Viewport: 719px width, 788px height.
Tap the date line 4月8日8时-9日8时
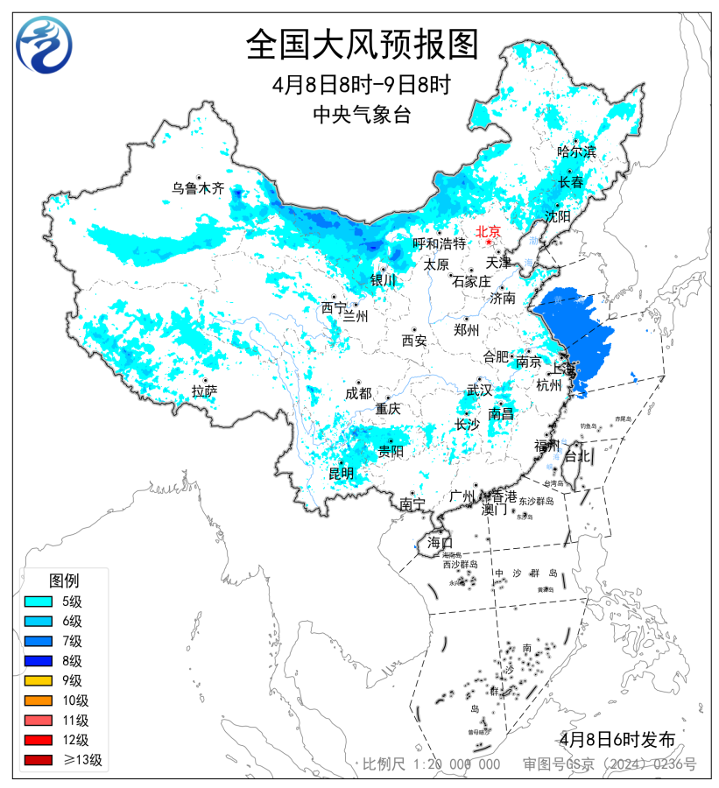point(361,86)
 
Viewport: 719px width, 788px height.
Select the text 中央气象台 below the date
point(361,115)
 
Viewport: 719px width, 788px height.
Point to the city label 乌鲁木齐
point(198,188)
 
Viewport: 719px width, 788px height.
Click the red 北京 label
point(487,232)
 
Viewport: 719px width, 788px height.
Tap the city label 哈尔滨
point(576,151)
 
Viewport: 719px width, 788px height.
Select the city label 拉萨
point(204,391)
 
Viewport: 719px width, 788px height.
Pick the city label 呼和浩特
point(440,243)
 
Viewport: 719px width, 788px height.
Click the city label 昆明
point(342,474)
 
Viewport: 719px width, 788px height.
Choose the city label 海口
point(440,543)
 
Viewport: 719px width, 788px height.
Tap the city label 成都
point(358,394)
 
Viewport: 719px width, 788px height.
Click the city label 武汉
point(479,390)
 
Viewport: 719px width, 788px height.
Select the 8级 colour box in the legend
point(41,661)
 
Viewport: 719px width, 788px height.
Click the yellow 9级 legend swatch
point(41,681)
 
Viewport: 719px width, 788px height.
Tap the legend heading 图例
point(64,580)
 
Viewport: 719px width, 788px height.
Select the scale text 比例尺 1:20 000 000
point(432,764)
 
